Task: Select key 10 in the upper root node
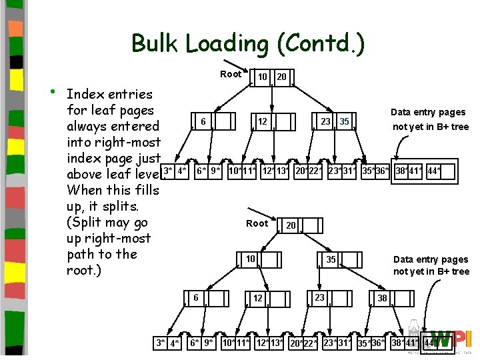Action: [x=263, y=77]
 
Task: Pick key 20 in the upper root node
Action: [x=281, y=77]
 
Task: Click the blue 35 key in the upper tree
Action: [x=344, y=121]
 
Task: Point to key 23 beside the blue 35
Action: [x=325, y=121]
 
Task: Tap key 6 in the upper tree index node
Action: [x=203, y=121]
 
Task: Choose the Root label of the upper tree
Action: [x=231, y=74]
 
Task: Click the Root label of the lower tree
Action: [x=257, y=223]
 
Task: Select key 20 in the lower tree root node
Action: [x=291, y=226]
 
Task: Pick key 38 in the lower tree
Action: [x=382, y=298]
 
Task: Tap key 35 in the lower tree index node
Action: [x=331, y=260]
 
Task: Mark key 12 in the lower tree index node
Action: [x=257, y=298]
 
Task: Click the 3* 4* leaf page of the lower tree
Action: [x=167, y=343]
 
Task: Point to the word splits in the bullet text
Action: [x=139, y=206]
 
